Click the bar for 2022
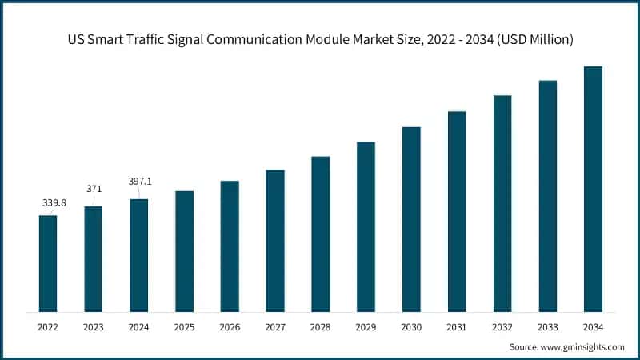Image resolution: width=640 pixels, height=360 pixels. click(x=48, y=263)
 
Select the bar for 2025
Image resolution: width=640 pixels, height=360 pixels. click(x=184, y=251)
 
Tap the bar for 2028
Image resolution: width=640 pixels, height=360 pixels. click(x=320, y=234)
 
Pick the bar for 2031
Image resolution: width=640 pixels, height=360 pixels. click(x=457, y=211)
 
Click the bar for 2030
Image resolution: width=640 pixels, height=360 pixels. click(x=411, y=219)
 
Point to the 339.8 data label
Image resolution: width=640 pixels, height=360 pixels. click(x=53, y=203)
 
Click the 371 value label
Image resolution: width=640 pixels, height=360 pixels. click(x=94, y=188)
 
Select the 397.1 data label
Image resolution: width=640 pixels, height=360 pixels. click(x=140, y=182)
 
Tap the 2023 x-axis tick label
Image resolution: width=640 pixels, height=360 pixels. click(x=94, y=327)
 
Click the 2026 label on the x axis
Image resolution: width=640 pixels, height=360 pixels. click(x=230, y=327)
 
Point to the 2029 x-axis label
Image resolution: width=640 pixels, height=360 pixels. click(x=366, y=327)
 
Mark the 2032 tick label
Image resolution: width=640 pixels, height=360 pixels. click(x=502, y=327)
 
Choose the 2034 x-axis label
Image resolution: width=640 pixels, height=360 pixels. click(x=593, y=327)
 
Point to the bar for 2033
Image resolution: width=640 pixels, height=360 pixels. click(x=547, y=196)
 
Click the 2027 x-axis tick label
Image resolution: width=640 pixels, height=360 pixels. click(x=275, y=327)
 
